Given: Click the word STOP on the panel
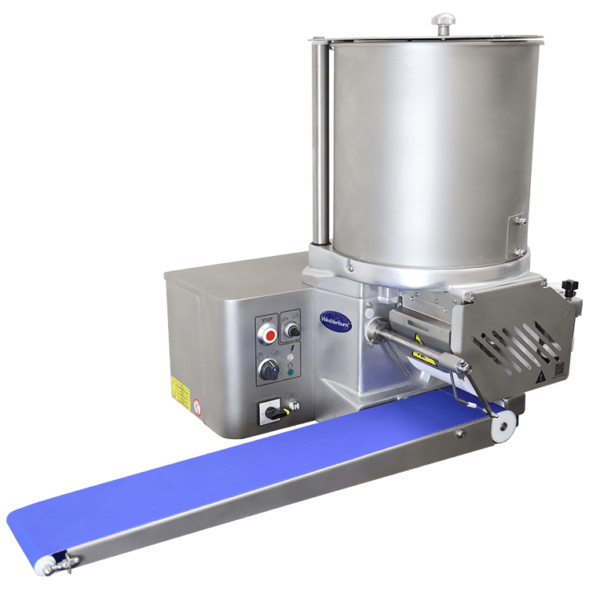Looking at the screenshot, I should pos(267,320).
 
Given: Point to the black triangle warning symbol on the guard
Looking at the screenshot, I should pos(540,376).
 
